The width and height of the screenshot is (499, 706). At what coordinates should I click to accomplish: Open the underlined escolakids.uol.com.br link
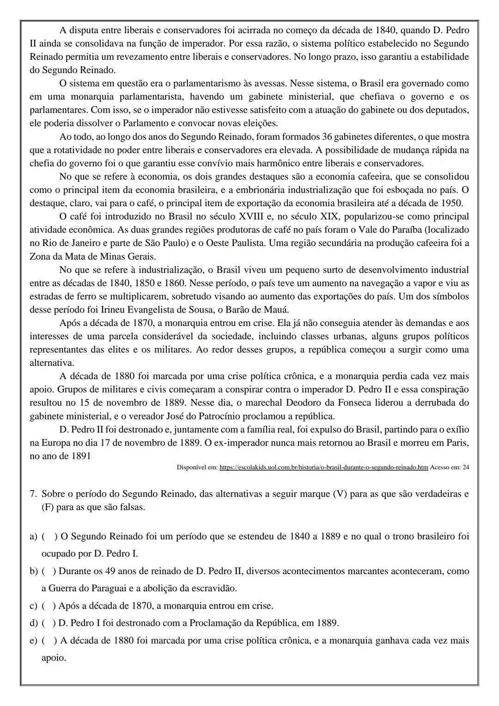pos(323,467)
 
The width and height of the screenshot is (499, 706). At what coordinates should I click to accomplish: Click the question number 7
pos(33,494)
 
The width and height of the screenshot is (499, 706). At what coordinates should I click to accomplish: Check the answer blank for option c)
pos(49,606)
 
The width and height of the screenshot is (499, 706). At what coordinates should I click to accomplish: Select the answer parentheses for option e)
pos(49,641)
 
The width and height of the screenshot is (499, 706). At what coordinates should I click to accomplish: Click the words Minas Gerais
pos(128,256)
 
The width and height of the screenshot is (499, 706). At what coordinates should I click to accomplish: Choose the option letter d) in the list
pos(33,623)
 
